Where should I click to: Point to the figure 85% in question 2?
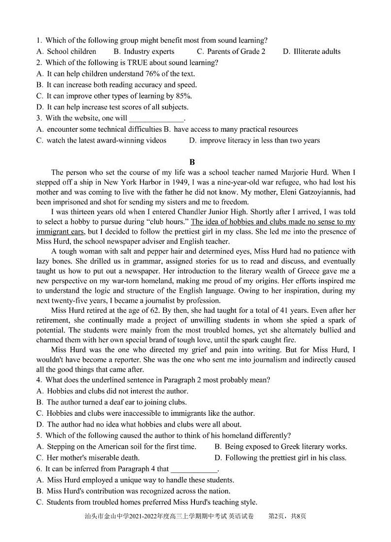(x=183, y=96)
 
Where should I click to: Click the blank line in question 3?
(x=156, y=119)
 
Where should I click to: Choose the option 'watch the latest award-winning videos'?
(x=106, y=140)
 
